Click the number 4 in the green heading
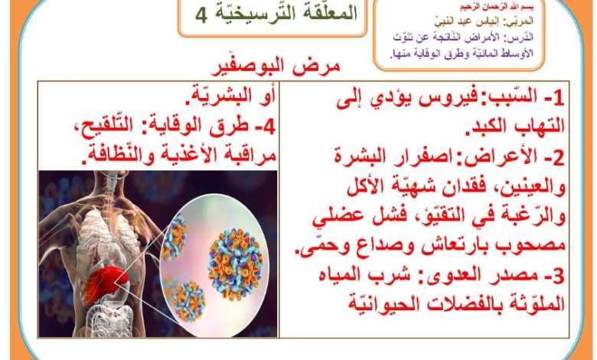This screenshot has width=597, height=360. point(201,15)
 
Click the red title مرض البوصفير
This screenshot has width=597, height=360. point(275,67)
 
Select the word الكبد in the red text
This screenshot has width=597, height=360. point(484,126)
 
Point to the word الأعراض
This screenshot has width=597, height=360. point(496,157)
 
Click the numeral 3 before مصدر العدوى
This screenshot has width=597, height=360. point(558,277)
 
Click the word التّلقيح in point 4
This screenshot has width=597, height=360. point(102,126)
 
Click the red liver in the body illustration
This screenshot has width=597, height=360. point(103,282)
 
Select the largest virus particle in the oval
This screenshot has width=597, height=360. point(235,263)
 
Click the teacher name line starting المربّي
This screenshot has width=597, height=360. point(484,21)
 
